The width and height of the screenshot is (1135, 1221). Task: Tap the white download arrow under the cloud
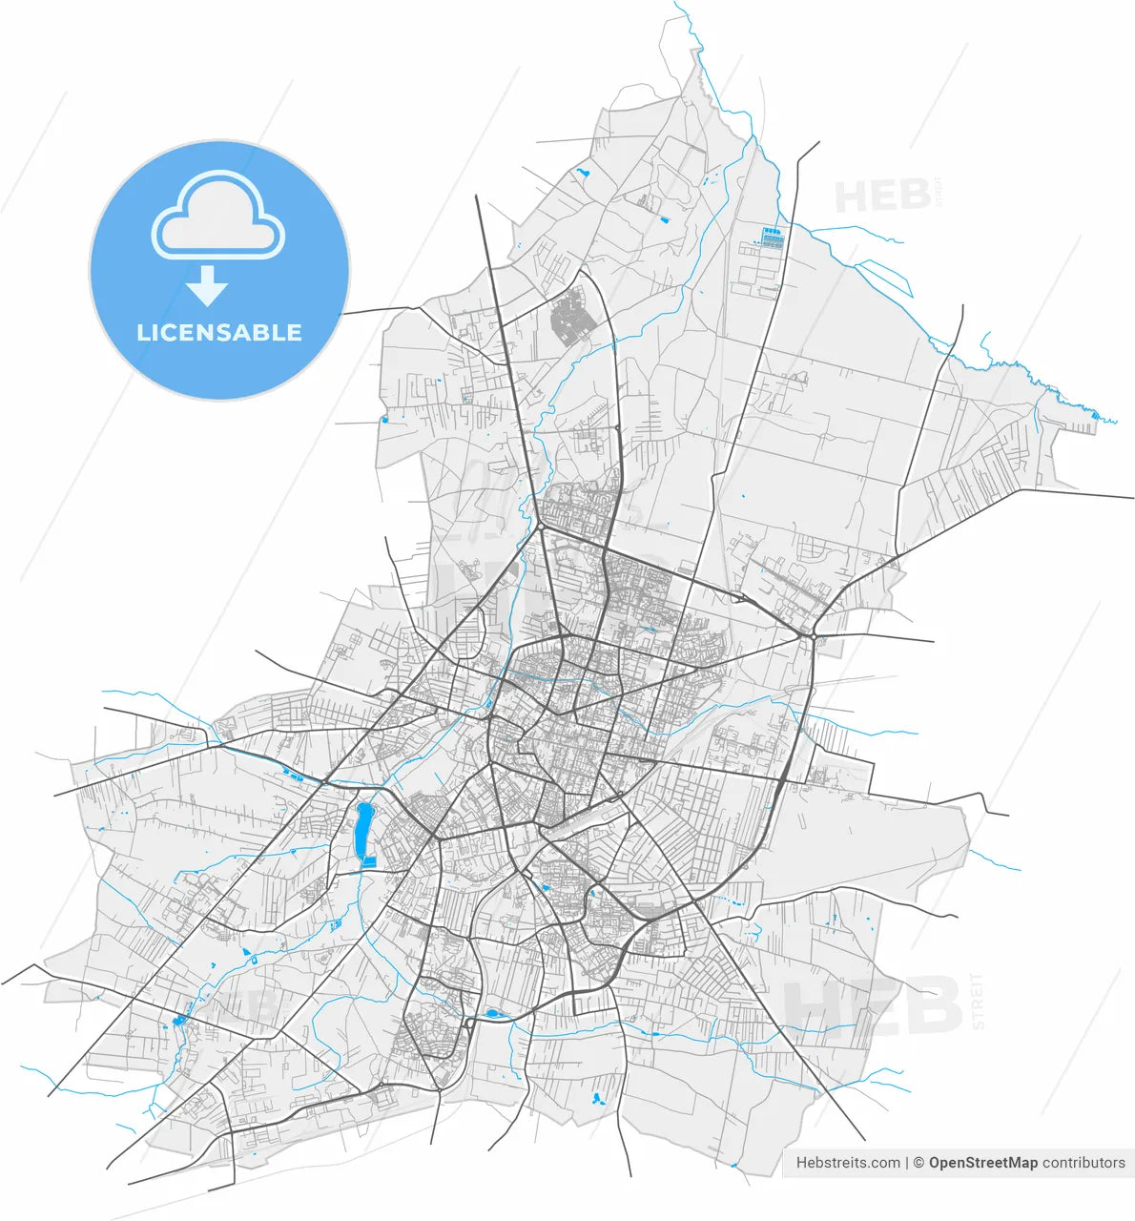(206, 285)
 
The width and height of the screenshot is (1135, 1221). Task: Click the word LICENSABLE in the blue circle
(219, 333)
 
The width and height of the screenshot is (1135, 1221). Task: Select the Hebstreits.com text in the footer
(848, 1163)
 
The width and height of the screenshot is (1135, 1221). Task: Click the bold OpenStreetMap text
(982, 1163)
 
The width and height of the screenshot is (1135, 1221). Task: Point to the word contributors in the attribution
(1083, 1163)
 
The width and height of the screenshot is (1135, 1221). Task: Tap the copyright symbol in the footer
(919, 1163)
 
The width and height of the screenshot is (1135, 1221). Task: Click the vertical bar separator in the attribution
(906, 1163)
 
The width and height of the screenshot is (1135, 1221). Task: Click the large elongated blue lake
(363, 830)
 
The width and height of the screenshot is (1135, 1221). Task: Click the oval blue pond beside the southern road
(493, 1014)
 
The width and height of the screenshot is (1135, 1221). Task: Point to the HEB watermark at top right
(882, 196)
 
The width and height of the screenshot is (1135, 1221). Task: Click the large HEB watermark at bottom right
(873, 1004)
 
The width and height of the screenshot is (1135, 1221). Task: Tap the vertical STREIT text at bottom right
(977, 1002)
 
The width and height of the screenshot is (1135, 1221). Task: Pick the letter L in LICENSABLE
(143, 333)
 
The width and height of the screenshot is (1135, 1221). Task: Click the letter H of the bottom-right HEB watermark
(811, 1004)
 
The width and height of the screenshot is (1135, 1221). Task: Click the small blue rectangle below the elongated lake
(370, 862)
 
